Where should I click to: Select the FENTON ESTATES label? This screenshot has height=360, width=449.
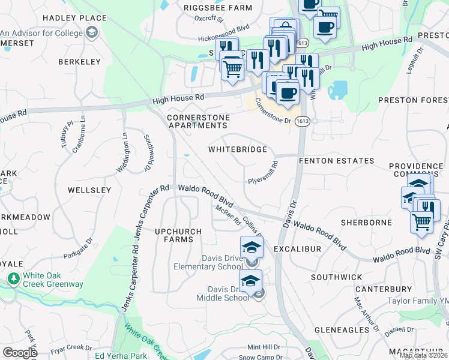[336, 161]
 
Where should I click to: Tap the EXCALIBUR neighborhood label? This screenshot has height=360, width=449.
[297, 248]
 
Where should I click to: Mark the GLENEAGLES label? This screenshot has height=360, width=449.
[341, 330]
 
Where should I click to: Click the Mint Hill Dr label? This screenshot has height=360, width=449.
[264, 347]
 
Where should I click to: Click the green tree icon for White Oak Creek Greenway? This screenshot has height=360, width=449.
[13, 279]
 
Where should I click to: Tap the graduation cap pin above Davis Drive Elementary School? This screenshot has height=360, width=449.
[252, 247]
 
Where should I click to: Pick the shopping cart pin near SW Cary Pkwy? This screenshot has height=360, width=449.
[422, 222]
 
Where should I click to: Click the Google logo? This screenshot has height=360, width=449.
[19, 352]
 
